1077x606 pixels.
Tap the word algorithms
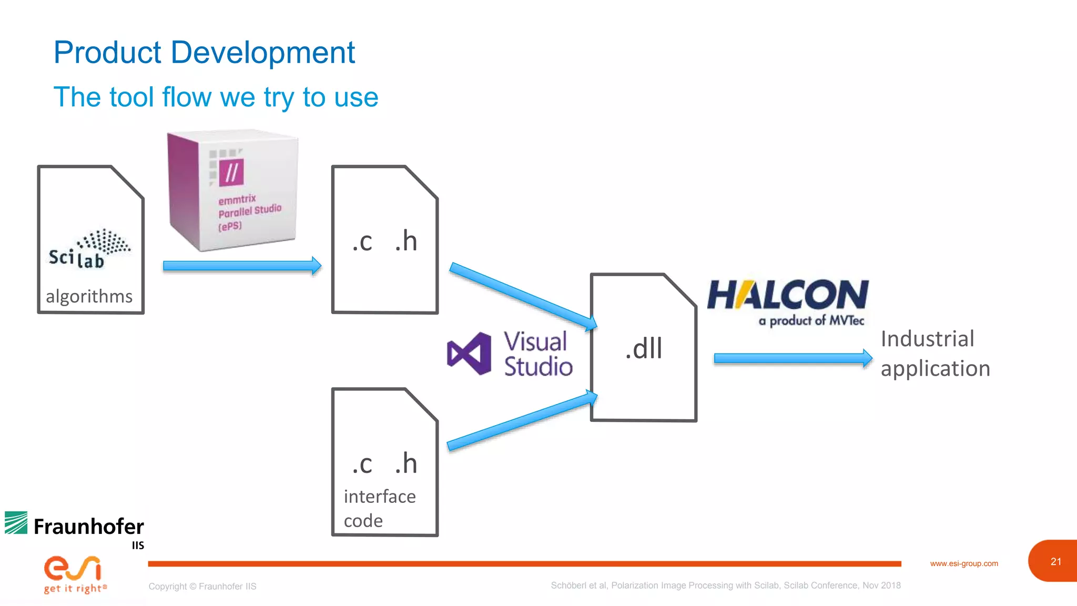point(89,297)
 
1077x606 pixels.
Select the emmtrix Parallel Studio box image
point(233,191)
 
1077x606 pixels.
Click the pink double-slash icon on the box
point(231,172)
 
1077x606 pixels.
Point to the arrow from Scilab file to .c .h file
point(242,266)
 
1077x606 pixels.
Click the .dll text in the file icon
point(643,349)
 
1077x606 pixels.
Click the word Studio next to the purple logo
point(538,367)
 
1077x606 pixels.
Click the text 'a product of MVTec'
point(811,320)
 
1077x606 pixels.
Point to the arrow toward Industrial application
point(792,359)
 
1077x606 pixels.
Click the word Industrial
point(927,339)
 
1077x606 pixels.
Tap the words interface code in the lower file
point(379,508)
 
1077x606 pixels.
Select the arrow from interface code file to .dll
point(522,421)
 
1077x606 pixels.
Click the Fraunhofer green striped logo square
point(16,523)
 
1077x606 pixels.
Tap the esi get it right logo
point(74,574)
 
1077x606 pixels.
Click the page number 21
point(1055,562)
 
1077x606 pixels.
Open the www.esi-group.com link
point(963,563)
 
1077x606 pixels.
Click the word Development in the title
point(262,53)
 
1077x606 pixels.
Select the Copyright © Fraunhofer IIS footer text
point(202,586)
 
